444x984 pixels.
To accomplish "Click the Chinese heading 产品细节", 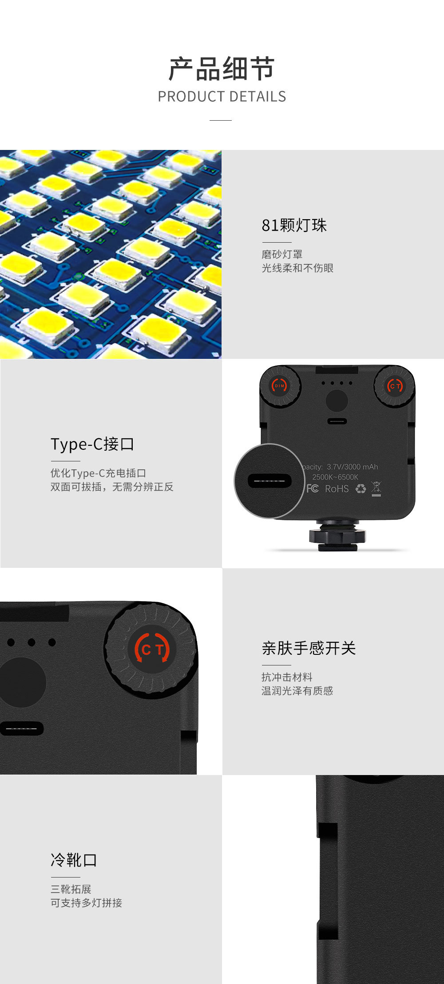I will (222, 69).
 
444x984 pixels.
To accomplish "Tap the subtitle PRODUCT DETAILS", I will (222, 96).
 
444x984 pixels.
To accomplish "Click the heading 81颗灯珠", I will (294, 225).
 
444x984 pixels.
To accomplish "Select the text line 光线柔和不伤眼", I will (297, 268).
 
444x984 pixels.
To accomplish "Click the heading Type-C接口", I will (92, 444).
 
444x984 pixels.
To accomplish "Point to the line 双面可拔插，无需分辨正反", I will (111, 487).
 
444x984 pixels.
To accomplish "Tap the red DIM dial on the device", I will (279, 386).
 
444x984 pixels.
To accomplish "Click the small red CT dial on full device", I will (395, 386).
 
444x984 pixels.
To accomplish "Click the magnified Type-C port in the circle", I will (270, 481).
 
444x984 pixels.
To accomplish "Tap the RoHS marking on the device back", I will (337, 488).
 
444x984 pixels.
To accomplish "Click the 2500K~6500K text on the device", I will (335, 477).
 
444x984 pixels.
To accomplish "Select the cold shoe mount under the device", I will (338, 535).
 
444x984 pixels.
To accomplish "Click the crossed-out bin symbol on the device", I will (376, 488).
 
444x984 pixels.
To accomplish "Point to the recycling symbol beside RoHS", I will (361, 488).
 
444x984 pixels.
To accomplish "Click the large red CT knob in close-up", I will (152, 649).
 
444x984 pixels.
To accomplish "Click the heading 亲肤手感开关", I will (309, 648).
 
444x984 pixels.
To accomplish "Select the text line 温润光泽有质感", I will (297, 691).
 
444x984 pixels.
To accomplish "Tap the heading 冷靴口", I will (74, 860).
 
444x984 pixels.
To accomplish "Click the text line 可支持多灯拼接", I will (86, 903).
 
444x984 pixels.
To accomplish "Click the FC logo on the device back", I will (313, 488).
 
